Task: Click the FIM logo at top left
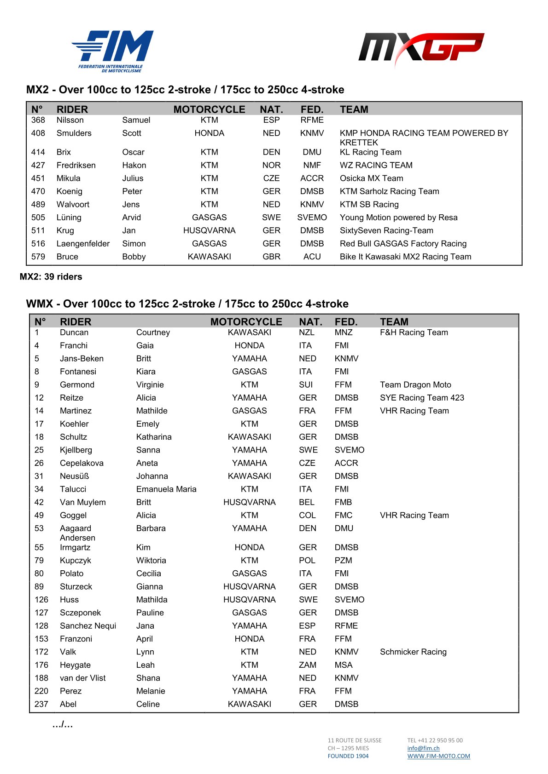[x=112, y=51]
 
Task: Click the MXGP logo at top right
[x=421, y=48]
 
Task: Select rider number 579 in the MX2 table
[x=38, y=257]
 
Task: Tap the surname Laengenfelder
[x=83, y=244]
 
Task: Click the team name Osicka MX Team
[x=371, y=178]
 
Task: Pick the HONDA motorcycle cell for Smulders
[x=209, y=133]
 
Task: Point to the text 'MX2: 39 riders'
[x=51, y=277]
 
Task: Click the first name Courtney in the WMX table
[x=153, y=333]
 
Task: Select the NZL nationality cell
[x=307, y=333]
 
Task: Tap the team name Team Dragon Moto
[x=415, y=385]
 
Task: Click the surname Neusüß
[x=75, y=476]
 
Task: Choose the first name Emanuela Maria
[x=166, y=489]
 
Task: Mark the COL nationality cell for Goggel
[x=307, y=516]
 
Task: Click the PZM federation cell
[x=343, y=561]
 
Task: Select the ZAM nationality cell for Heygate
[x=307, y=665]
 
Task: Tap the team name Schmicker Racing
[x=413, y=652]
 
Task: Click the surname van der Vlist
[x=83, y=678]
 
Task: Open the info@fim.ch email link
[x=423, y=748]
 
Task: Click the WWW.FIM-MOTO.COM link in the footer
[x=438, y=756]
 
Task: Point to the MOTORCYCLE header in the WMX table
[x=246, y=322]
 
